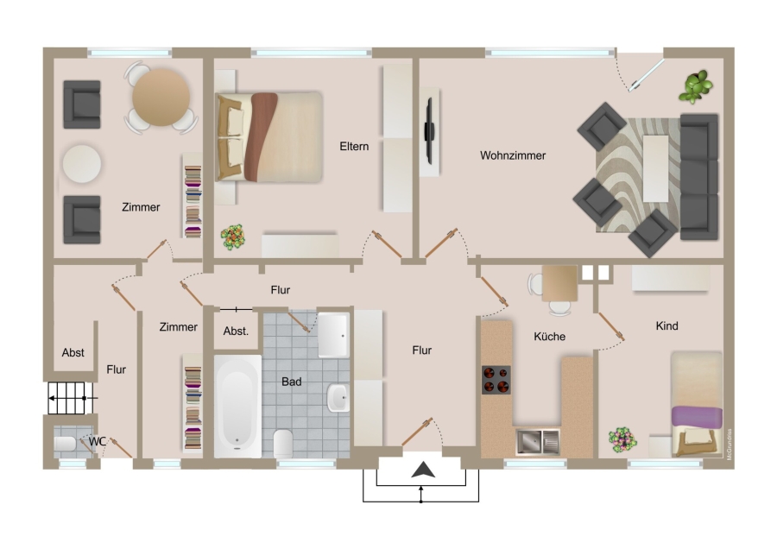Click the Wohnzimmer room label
[x=513, y=155]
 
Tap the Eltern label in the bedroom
[x=354, y=146]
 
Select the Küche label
[x=550, y=337]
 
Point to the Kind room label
[x=666, y=325]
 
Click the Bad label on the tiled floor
[x=292, y=382]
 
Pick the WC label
[x=97, y=441]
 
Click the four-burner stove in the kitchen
[x=496, y=380]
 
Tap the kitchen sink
[x=538, y=442]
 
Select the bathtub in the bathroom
[x=238, y=406]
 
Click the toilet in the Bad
[x=283, y=444]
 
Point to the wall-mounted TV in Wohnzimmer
[x=429, y=131]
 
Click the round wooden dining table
[x=161, y=98]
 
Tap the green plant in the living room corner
[x=696, y=86]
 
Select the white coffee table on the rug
[x=655, y=168]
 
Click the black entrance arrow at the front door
[x=423, y=470]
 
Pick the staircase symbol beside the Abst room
[x=71, y=398]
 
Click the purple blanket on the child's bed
[x=697, y=416]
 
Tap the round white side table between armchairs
[x=82, y=163]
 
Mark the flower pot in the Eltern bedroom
[x=233, y=237]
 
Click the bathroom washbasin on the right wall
[x=338, y=398]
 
